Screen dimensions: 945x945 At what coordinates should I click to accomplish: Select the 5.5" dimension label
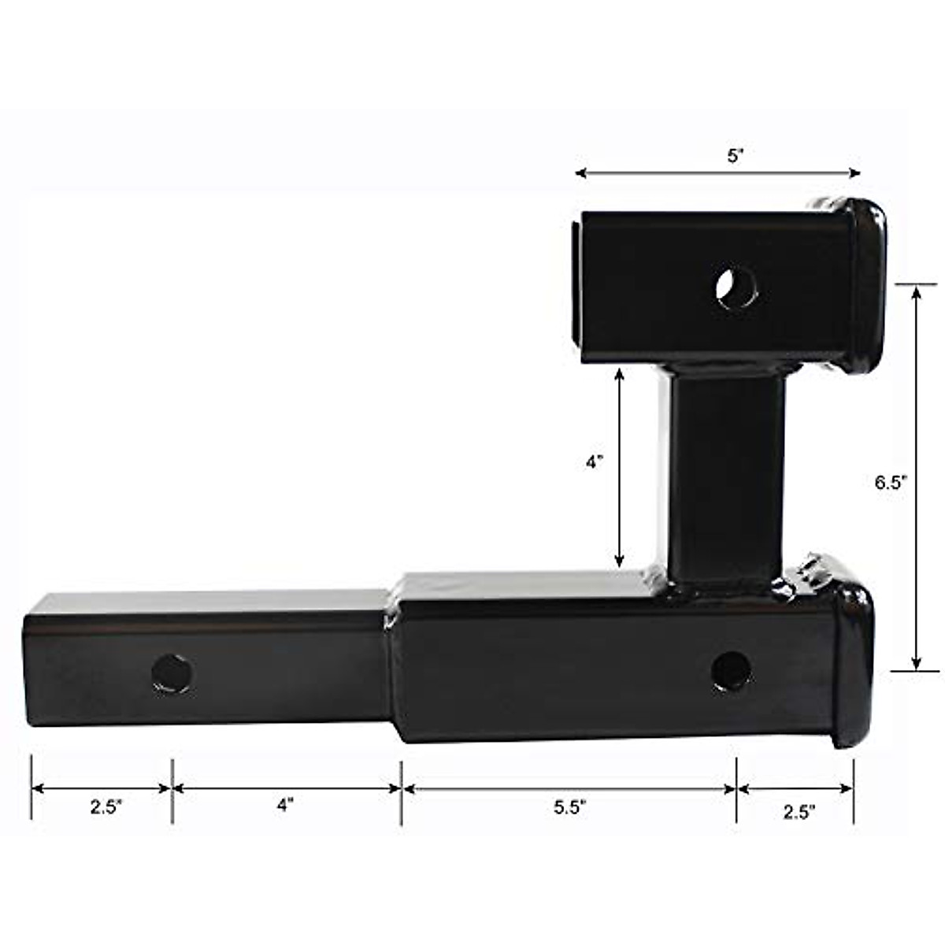pyautogui.click(x=569, y=808)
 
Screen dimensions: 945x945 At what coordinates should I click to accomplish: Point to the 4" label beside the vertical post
pyautogui.click(x=595, y=463)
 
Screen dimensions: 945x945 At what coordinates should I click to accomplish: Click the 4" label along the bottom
pyautogui.click(x=285, y=806)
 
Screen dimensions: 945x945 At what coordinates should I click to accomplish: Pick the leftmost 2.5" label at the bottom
pyautogui.click(x=106, y=807)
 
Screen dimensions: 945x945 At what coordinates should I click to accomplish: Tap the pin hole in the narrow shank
pyautogui.click(x=172, y=673)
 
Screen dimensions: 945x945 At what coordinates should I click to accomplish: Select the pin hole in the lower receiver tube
pyautogui.click(x=731, y=671)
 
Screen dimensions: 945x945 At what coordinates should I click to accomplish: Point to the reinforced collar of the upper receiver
pyautogui.click(x=862, y=287)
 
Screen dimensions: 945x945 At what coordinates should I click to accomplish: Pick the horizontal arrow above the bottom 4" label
pyautogui.click(x=287, y=787)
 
